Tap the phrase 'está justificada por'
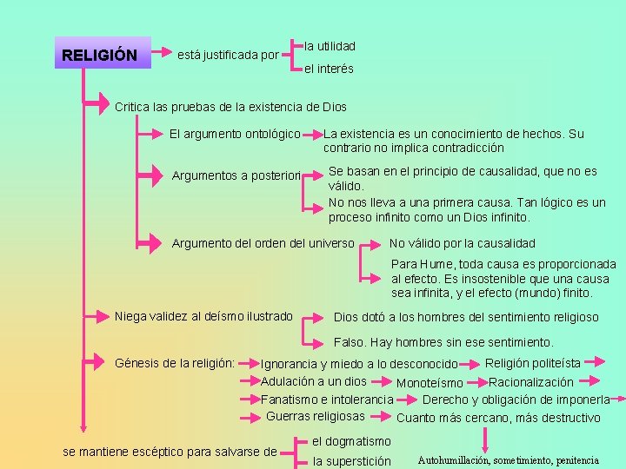point(228,56)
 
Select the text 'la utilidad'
point(330,45)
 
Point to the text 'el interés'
point(329,69)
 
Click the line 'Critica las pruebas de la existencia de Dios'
point(230,108)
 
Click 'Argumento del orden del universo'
point(263,243)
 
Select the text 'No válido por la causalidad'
point(463,243)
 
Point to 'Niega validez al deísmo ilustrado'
point(203,316)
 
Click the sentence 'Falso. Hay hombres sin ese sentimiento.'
point(443,342)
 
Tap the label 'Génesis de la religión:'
point(175,362)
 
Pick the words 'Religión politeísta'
point(533,362)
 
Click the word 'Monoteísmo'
point(430,383)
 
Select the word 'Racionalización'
point(531,382)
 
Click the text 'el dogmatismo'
point(351,441)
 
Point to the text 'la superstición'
point(352,461)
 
